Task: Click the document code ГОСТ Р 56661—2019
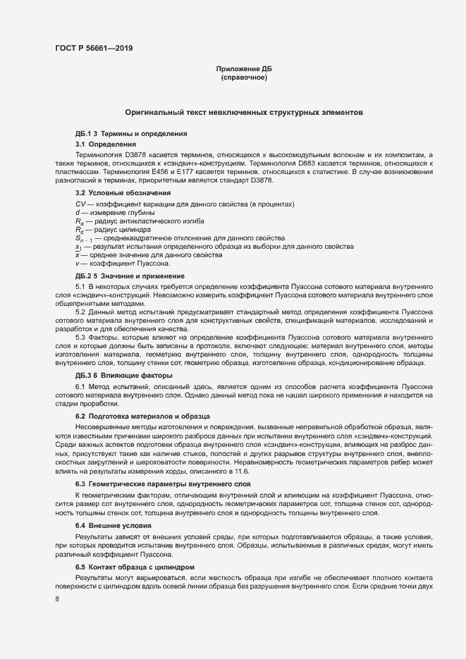(x=93, y=48)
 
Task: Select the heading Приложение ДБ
(x=243, y=68)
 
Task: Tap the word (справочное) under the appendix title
(x=243, y=77)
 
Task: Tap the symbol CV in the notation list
(x=80, y=204)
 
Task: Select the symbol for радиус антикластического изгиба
(x=80, y=221)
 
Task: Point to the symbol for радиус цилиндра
(x=80, y=230)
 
